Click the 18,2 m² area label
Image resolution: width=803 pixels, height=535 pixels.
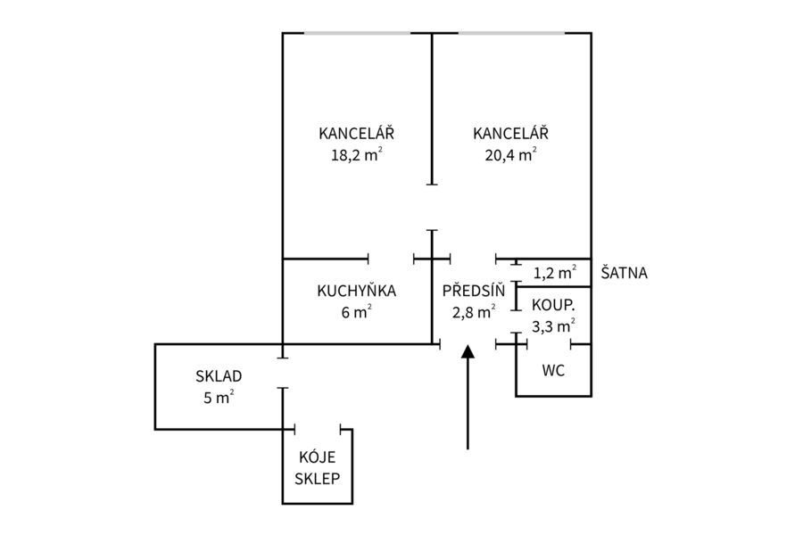tap(356, 154)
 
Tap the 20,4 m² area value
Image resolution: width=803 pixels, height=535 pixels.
tap(510, 154)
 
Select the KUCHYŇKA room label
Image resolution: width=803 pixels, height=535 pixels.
tap(356, 291)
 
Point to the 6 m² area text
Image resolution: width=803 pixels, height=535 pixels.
tap(356, 312)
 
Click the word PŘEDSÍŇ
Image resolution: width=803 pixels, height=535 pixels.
tap(474, 291)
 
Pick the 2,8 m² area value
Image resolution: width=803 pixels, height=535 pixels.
tap(474, 312)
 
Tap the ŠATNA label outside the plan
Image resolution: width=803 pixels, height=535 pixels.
tap(624, 272)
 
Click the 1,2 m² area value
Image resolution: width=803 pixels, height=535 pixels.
tap(555, 272)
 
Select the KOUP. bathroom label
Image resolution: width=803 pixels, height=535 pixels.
tap(553, 305)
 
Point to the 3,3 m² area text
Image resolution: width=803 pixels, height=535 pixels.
tap(553, 326)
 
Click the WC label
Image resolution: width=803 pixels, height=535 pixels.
tap(553, 370)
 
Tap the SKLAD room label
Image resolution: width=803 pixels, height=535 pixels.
tap(219, 376)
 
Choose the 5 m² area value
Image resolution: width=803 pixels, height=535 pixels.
tap(219, 398)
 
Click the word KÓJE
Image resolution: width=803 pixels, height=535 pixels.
tap(318, 457)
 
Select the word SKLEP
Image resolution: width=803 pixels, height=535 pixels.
tap(318, 478)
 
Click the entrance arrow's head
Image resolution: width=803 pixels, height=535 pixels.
tap(468, 351)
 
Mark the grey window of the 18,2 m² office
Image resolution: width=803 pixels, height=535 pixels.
tap(358, 33)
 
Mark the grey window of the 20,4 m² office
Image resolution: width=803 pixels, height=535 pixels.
tap(511, 33)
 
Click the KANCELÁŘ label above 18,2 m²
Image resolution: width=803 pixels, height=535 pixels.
tap(356, 133)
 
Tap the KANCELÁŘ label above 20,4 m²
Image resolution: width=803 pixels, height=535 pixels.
tap(510, 133)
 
